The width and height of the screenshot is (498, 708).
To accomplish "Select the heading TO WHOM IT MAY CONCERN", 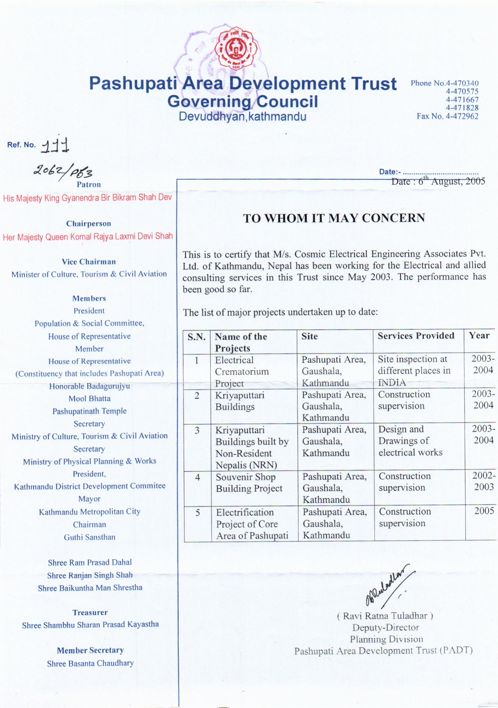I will point(334,218).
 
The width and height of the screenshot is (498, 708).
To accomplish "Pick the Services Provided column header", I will point(416,336).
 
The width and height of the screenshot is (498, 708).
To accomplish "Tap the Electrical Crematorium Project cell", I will point(242,372).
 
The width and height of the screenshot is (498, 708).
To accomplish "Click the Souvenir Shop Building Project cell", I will point(249,483).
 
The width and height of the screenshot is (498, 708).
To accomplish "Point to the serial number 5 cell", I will point(198,513).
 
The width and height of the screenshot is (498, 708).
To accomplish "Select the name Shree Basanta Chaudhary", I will point(90,663).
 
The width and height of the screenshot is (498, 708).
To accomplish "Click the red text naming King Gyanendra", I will point(87,198).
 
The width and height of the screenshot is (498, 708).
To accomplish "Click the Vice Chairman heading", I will point(89,262).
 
